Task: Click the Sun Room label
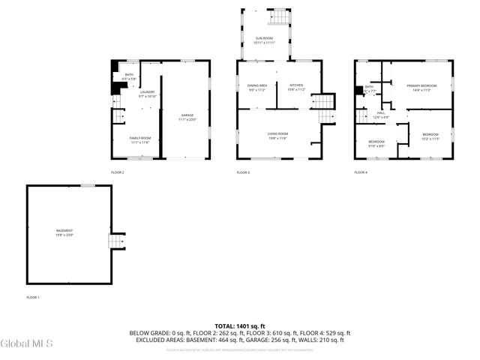(x=264, y=38)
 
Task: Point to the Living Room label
(x=277, y=135)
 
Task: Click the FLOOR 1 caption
(x=32, y=298)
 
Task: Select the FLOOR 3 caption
(x=243, y=172)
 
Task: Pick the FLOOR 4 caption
(x=361, y=172)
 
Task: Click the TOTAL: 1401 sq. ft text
(x=240, y=326)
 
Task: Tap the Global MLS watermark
(x=27, y=344)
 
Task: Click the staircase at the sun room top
(x=279, y=16)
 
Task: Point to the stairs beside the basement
(x=115, y=242)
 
